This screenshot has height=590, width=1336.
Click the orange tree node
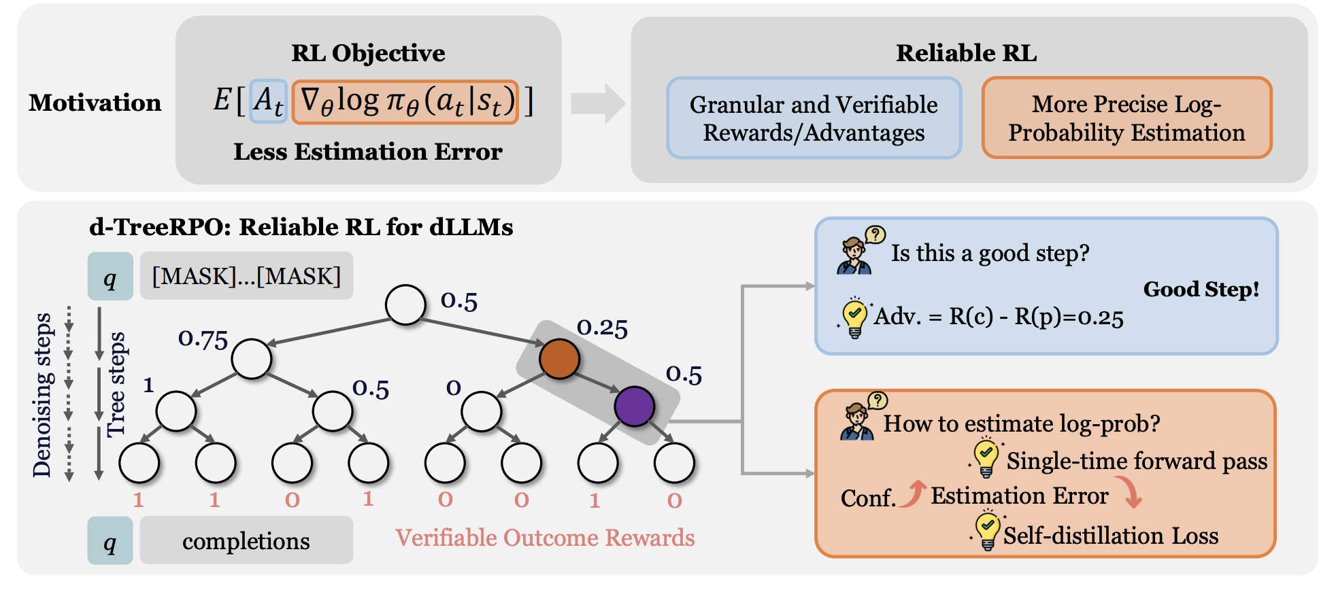(x=559, y=358)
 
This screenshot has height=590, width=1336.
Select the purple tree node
(x=634, y=406)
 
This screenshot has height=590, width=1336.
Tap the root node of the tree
(x=405, y=305)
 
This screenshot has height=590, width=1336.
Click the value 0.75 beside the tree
(x=203, y=339)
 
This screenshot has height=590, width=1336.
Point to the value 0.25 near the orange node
(x=602, y=328)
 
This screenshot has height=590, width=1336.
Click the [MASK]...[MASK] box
(x=246, y=276)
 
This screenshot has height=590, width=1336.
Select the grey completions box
(x=246, y=540)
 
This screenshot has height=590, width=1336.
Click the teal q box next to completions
(x=110, y=540)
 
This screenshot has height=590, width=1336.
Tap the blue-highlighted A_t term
(x=268, y=102)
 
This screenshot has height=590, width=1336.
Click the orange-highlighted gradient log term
(x=405, y=102)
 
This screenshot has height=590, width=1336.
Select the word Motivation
(x=95, y=103)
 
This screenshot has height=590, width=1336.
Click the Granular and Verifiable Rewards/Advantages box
(x=814, y=118)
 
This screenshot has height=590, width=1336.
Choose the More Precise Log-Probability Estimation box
(x=1126, y=118)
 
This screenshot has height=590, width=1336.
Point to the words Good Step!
(x=1201, y=290)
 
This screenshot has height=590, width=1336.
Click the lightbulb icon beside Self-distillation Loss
(x=986, y=532)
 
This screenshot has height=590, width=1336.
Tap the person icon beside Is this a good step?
(x=855, y=256)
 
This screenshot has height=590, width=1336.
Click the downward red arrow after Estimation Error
(x=1132, y=492)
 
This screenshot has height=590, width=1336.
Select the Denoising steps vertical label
(x=42, y=395)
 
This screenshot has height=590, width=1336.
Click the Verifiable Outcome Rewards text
(x=545, y=538)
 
